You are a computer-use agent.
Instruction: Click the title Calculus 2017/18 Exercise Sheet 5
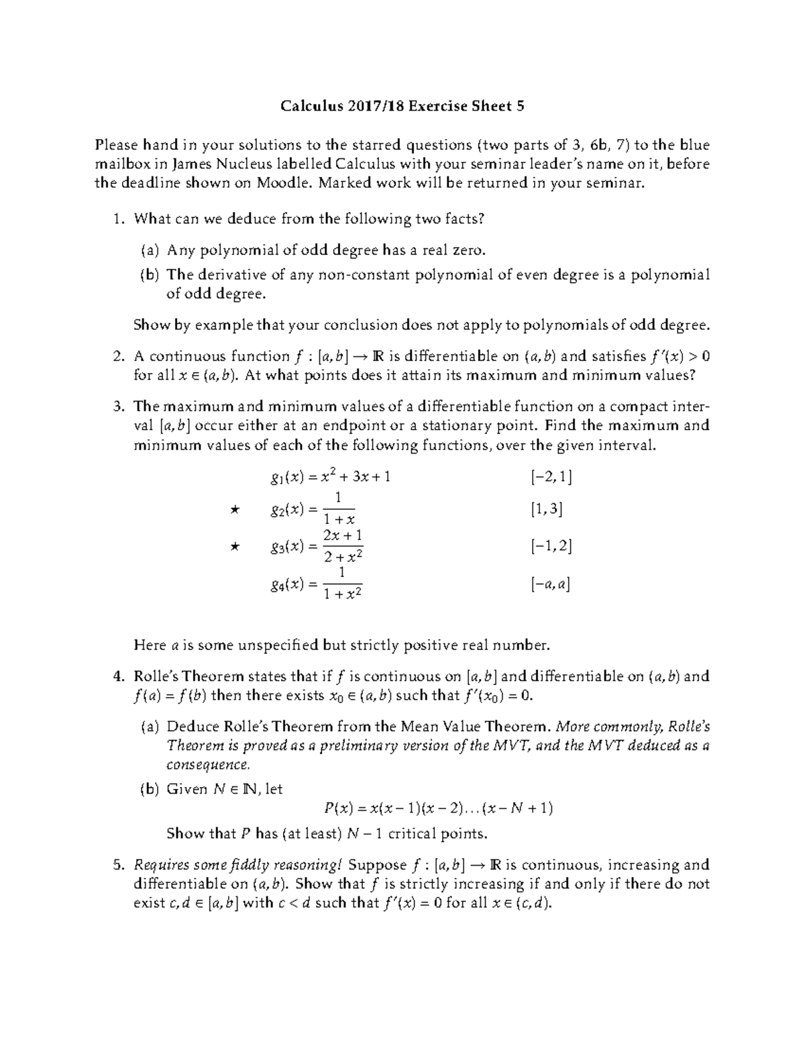pos(402,105)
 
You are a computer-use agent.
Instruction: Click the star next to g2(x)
pos(234,510)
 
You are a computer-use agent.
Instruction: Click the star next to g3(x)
pos(234,547)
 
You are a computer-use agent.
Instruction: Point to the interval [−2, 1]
pos(550,477)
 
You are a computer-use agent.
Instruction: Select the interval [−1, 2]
pos(550,547)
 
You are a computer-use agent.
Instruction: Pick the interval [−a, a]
pos(550,584)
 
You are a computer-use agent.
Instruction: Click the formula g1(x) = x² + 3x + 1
pos(329,477)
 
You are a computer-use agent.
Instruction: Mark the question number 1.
pos(117,219)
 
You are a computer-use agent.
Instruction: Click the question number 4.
pos(117,676)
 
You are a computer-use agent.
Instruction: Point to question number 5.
pos(117,865)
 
